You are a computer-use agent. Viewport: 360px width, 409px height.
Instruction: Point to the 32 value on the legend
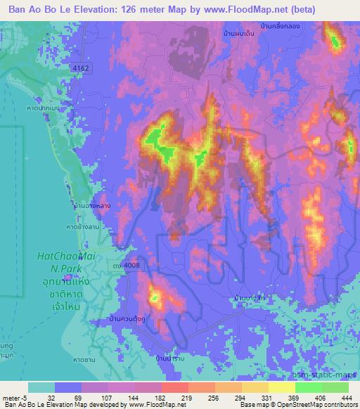pyautogui.click(x=52, y=397)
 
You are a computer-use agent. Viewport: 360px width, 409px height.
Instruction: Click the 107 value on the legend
pyautogui.click(x=106, y=397)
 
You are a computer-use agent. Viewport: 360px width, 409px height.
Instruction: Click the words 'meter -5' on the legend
pyautogui.click(x=14, y=397)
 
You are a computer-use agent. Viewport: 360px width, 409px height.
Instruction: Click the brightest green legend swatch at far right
pyautogui.click(x=335, y=387)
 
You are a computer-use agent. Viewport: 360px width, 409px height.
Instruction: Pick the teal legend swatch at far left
pyautogui.click(x=41, y=387)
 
